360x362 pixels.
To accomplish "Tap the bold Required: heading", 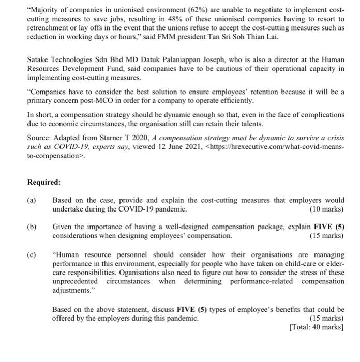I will point(44,182).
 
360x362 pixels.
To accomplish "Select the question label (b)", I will point(32,228).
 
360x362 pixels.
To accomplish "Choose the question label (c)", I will point(32,255).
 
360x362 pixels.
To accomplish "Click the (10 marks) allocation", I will point(326,209).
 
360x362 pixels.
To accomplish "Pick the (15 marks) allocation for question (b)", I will point(326,236).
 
